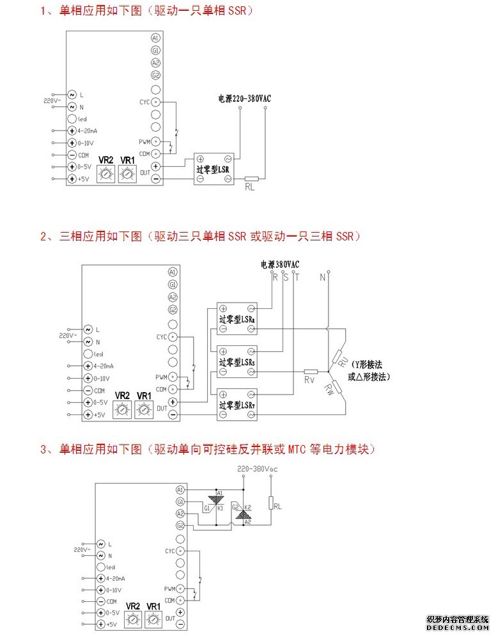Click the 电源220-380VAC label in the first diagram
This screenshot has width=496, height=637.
pyautogui.click(x=244, y=99)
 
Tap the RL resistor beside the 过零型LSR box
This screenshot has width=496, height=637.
pyautogui.click(x=251, y=179)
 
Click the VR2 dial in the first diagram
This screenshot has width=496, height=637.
pyautogui.click(x=106, y=173)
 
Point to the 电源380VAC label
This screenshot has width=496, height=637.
pyautogui.click(x=280, y=264)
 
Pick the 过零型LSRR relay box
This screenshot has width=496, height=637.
pyautogui.click(x=237, y=318)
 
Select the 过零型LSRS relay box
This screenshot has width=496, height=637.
pyautogui.click(x=237, y=361)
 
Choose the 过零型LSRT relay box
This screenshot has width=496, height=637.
pyautogui.click(x=237, y=405)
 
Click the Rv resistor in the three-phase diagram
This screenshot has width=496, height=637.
pyautogui.click(x=311, y=372)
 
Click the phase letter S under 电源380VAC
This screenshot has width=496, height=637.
pyautogui.click(x=285, y=277)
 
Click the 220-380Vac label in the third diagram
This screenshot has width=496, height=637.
pyautogui.click(x=257, y=469)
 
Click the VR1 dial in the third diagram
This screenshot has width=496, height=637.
pyautogui.click(x=153, y=618)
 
